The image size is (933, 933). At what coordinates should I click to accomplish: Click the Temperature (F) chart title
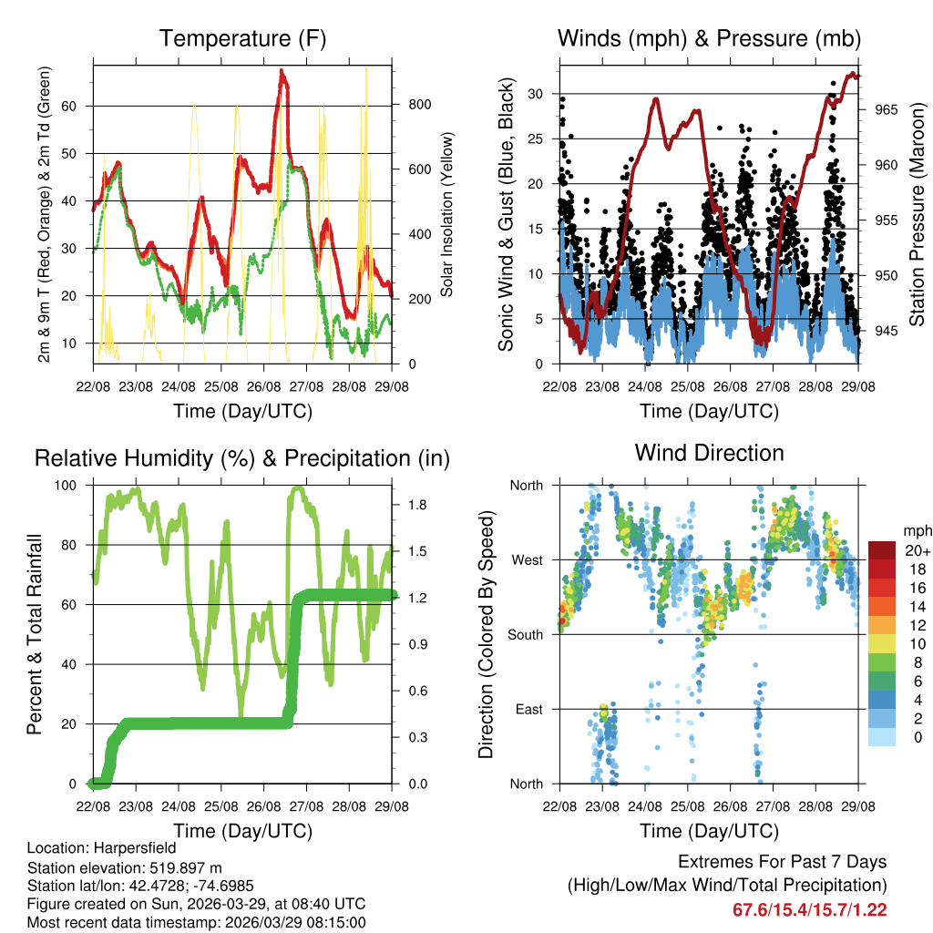(x=242, y=38)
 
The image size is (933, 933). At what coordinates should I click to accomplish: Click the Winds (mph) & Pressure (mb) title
(x=709, y=38)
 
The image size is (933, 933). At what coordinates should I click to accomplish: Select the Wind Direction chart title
(x=709, y=452)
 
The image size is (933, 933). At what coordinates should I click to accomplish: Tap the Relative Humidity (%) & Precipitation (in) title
(x=242, y=458)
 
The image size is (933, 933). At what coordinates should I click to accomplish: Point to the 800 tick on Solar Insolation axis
(x=419, y=105)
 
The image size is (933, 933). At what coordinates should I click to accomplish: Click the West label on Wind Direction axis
(x=526, y=560)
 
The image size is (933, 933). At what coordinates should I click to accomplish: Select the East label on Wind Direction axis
(x=528, y=710)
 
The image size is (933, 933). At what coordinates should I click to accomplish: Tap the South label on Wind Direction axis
(x=525, y=635)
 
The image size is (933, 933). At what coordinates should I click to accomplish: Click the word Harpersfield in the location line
(x=135, y=847)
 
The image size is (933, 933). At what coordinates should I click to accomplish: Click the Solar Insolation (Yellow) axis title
(x=447, y=215)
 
